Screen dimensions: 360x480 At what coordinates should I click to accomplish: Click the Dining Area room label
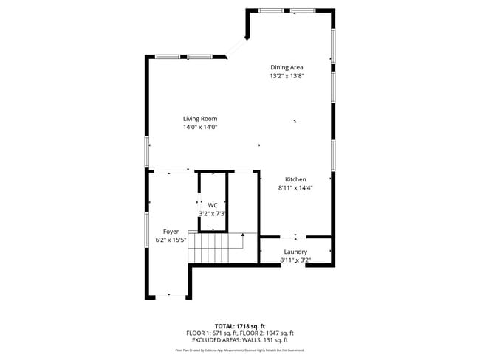pos(287,67)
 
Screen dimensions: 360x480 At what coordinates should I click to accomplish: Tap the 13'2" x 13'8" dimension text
pos(287,75)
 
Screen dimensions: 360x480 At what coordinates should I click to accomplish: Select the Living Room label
pos(200,119)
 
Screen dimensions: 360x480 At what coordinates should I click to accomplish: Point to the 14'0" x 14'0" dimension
pos(200,127)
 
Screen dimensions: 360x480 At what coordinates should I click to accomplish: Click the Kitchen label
pos(295,179)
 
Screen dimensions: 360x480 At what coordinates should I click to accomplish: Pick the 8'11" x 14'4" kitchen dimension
pos(295,188)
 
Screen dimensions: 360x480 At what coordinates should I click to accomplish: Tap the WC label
pos(213,205)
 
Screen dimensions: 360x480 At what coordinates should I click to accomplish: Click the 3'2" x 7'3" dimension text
pos(213,214)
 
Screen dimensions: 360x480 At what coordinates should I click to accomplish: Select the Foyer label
pos(171,232)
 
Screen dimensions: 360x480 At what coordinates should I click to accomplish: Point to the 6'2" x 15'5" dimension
pos(171,240)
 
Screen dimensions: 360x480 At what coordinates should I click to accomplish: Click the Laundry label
pos(295,252)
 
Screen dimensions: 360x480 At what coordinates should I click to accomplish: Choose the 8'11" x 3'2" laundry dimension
pos(295,260)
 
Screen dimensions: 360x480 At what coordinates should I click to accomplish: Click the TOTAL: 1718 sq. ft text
pos(240,325)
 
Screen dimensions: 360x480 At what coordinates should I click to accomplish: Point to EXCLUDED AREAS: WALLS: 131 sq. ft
pos(240,340)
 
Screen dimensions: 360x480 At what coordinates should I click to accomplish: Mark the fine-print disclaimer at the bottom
pos(240,350)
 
